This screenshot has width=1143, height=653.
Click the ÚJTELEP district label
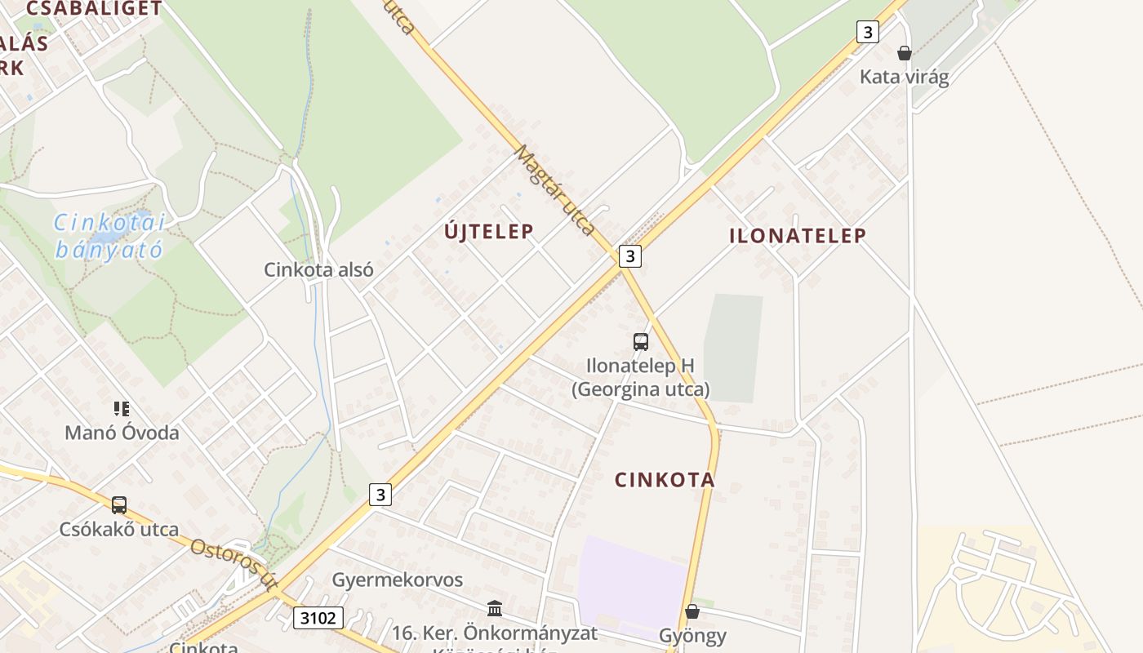(489, 232)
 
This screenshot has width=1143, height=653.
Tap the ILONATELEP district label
(798, 236)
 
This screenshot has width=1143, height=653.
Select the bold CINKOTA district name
(665, 480)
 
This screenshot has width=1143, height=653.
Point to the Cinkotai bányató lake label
(109, 236)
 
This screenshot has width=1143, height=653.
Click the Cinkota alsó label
(318, 269)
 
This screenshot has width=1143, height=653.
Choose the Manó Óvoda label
(122, 433)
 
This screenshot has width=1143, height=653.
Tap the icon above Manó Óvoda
(122, 409)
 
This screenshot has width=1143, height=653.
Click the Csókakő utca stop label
(119, 530)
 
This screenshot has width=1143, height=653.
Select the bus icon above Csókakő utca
(119, 505)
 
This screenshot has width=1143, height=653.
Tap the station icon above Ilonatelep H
(641, 342)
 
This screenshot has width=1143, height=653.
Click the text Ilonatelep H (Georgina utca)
(641, 377)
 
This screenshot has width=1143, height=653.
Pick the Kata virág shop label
(904, 78)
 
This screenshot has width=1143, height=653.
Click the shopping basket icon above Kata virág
(904, 54)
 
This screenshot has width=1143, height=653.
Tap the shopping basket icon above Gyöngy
(692, 611)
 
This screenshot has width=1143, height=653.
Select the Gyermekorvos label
(397, 580)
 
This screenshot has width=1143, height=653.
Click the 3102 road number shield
(318, 618)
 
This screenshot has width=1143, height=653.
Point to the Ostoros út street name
(234, 564)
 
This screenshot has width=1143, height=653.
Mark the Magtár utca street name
(555, 191)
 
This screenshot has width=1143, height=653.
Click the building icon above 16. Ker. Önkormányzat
(495, 608)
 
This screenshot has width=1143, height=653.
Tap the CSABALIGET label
(94, 9)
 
